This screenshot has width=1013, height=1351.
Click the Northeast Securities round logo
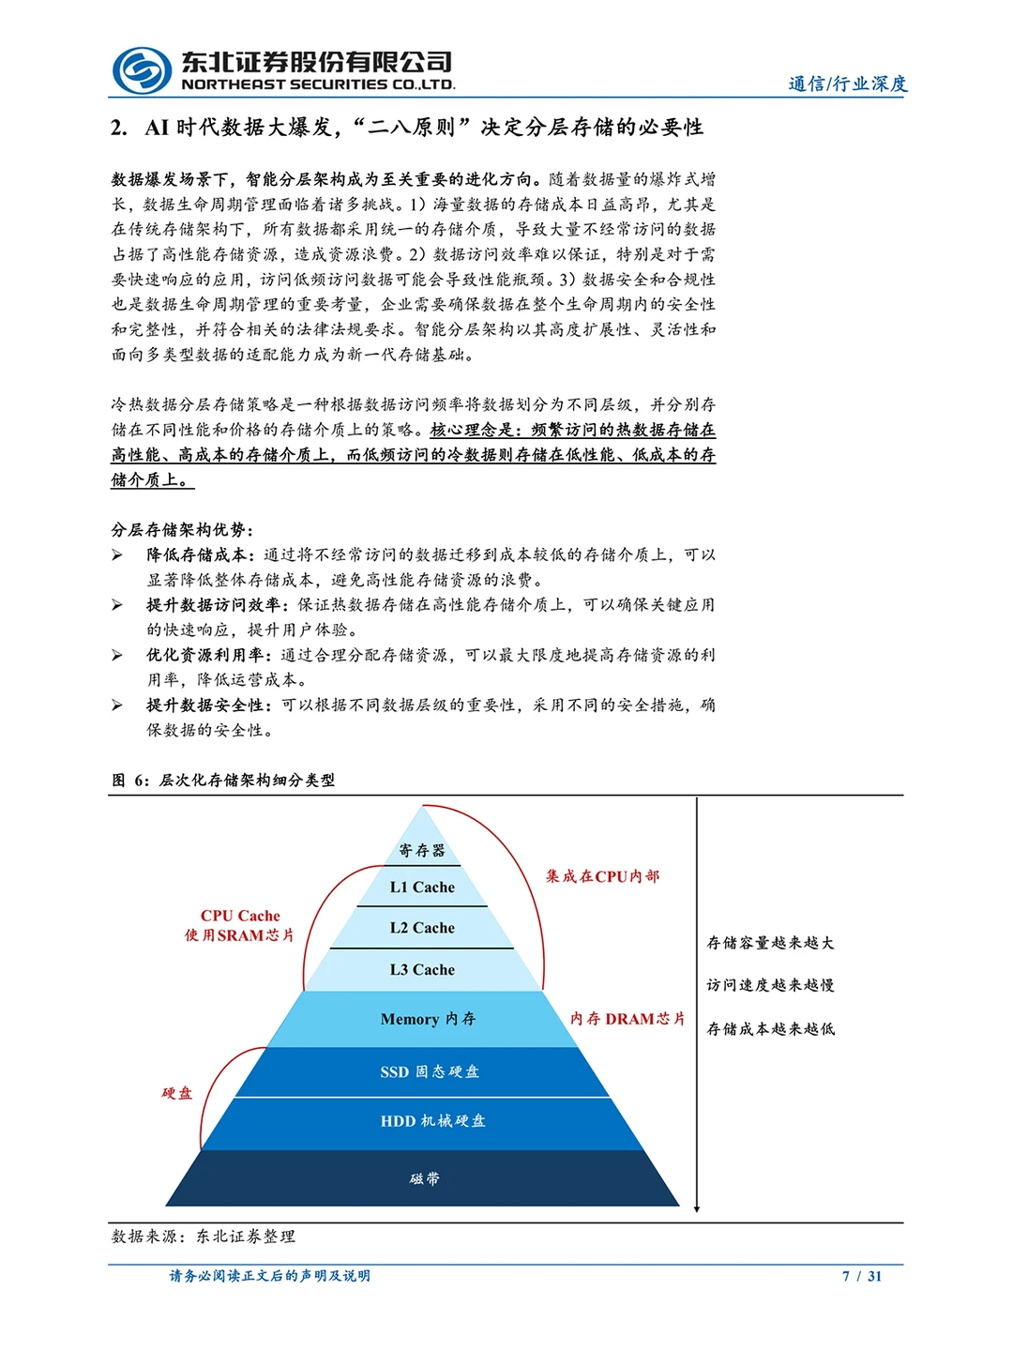142,70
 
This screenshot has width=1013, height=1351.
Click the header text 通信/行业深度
847,83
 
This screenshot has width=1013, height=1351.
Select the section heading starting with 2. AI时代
406,128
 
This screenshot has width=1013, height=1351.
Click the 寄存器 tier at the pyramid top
422,850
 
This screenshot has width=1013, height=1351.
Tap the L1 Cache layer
422,887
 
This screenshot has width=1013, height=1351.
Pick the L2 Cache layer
422,928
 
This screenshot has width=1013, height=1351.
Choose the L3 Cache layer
422,969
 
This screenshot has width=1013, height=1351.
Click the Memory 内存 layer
428,1019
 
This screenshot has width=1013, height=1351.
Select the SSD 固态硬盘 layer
429,1071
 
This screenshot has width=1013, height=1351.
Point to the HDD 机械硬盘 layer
432,1120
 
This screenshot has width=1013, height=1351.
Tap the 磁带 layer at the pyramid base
424,1178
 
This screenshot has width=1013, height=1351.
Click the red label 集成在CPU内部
602,876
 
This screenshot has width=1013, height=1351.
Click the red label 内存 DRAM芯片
627,1019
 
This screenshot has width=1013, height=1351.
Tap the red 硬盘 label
176,1093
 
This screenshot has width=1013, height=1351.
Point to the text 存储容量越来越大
770,943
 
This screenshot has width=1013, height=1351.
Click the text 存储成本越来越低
770,1029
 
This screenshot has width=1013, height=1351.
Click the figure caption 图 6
223,780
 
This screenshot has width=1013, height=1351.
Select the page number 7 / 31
862,1276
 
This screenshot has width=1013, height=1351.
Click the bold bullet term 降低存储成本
196,554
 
